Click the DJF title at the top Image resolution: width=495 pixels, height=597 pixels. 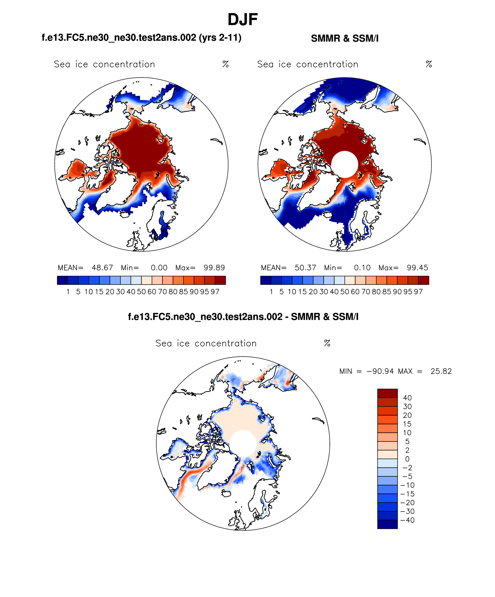tap(243, 20)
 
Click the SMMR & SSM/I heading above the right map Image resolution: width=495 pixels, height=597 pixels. tap(344, 39)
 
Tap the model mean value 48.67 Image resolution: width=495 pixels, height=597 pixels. tap(102, 268)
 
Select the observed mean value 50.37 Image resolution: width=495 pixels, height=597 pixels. tap(305, 268)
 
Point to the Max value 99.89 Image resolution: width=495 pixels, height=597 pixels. tap(214, 268)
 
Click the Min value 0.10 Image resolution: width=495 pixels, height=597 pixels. tap(362, 268)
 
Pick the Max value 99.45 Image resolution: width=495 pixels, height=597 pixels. tap(417, 268)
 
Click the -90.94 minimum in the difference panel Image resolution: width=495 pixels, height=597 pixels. tap(380, 371)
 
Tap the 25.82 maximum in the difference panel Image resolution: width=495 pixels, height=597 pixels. tap(441, 371)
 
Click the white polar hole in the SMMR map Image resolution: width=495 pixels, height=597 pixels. tap(344, 164)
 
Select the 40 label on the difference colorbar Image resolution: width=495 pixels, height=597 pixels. tap(407, 398)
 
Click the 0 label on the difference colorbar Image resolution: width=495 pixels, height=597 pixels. tap(407, 459)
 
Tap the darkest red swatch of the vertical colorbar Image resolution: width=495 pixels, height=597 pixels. tap(387, 393)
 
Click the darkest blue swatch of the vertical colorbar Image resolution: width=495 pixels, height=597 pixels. tap(387, 524)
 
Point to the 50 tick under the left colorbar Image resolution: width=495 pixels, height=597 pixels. tap(141, 292)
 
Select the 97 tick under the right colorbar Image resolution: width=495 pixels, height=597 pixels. tap(418, 292)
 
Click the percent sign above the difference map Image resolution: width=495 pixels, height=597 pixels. tap(327, 343)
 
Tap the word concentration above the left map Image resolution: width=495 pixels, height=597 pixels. tap(124, 64)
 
